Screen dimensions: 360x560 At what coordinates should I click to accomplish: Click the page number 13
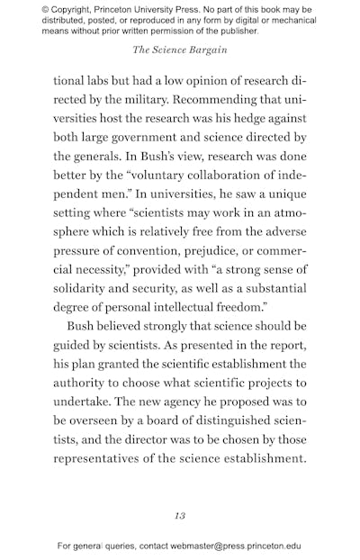click(x=180, y=515)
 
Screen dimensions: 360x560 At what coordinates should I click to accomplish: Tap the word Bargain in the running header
click(x=205, y=50)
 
